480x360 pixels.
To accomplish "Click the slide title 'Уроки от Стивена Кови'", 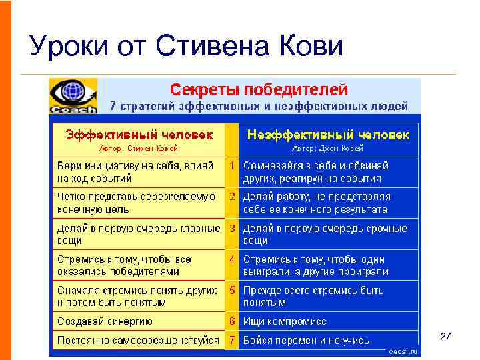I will click(187, 47).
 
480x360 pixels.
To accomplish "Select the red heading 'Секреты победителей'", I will click(259, 89).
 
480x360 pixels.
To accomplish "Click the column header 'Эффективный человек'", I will click(139, 135).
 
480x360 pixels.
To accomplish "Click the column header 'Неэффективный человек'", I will click(328, 135).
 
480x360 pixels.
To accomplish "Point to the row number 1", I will click(232, 165).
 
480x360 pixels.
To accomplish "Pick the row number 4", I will click(232, 259).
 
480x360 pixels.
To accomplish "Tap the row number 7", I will click(232, 340).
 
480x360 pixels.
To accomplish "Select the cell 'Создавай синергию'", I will click(105, 321).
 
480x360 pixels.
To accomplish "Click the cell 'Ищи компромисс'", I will click(285, 321).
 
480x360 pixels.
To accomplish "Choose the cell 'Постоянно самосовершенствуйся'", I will click(138, 340).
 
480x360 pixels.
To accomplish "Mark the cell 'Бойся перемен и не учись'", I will click(306, 340).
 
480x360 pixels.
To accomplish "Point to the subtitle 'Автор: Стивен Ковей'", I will click(139, 148).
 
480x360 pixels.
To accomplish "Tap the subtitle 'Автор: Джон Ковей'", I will click(328, 148).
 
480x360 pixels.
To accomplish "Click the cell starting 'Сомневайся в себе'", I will click(316, 171).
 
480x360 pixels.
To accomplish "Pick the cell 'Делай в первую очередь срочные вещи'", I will click(325, 234).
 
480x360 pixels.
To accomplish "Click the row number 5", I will click(232, 290).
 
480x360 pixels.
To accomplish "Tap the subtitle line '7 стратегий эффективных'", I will click(259, 105).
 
